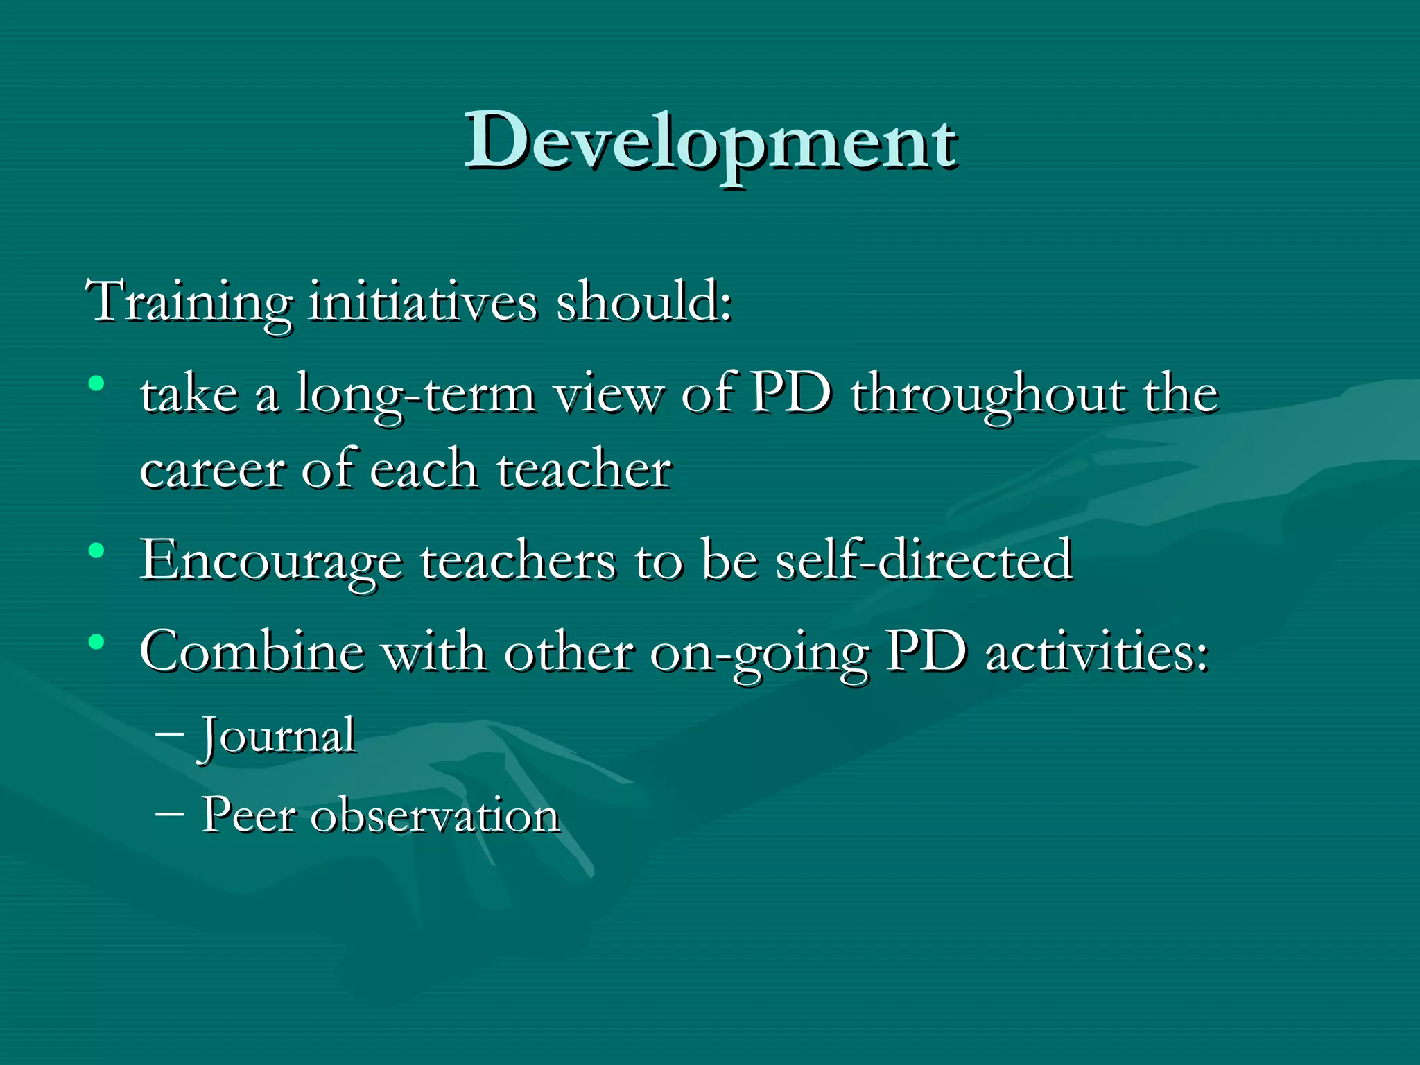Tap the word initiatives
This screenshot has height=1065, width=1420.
[422, 303]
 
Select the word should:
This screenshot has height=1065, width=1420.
[643, 303]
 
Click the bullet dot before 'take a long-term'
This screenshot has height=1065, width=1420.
[96, 383]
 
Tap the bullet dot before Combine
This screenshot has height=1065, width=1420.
[96, 642]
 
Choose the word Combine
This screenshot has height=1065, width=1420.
[252, 652]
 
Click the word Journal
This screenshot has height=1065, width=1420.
[278, 736]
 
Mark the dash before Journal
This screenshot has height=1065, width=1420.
[170, 734]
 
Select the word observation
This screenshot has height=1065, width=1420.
[435, 815]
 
